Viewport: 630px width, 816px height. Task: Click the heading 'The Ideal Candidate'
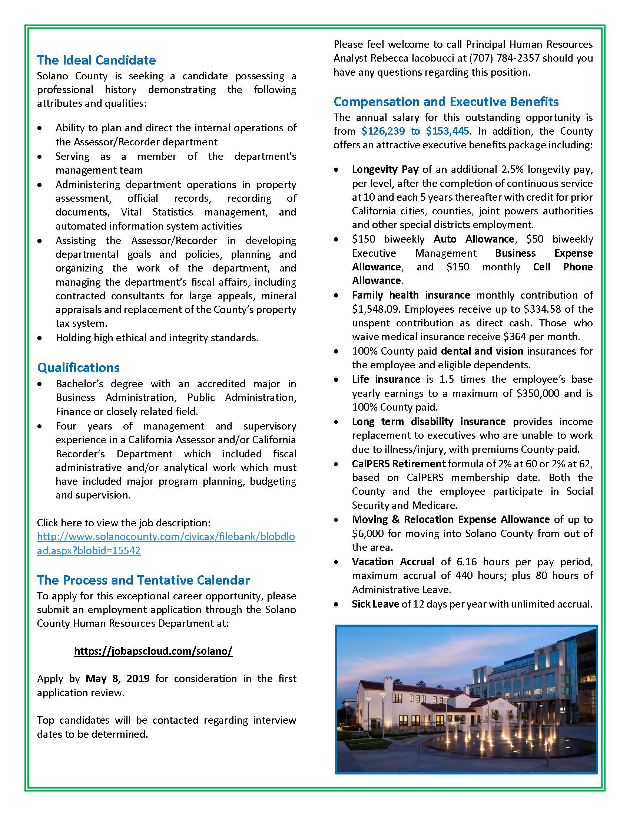tap(96, 60)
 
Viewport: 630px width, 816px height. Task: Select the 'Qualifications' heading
tap(78, 368)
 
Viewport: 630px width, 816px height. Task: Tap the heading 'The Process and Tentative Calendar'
tap(143, 580)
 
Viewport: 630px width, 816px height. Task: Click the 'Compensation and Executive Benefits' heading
tap(446, 102)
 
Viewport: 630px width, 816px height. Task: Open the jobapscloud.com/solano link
tap(153, 651)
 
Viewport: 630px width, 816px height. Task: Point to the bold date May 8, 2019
tap(117, 678)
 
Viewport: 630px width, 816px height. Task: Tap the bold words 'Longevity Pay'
tap(385, 169)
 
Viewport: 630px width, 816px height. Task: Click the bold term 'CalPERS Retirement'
tap(399, 464)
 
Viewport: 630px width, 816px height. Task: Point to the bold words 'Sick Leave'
tap(375, 604)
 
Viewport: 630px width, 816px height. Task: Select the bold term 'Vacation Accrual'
tap(393, 562)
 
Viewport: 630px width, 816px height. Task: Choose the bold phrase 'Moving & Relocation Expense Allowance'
tap(451, 519)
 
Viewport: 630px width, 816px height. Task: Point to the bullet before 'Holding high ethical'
tap(40, 338)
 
